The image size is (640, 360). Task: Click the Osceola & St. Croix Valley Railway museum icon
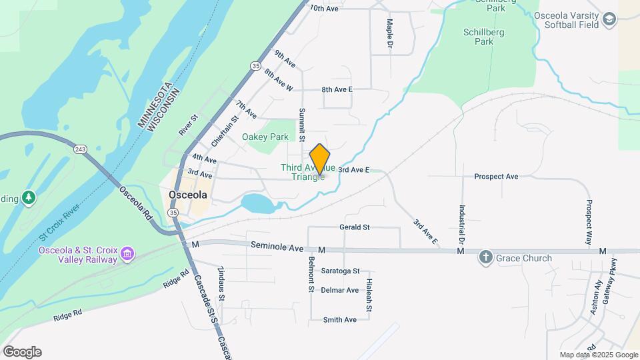127,254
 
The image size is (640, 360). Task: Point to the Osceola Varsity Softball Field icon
609,20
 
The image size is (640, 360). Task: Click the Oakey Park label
265,137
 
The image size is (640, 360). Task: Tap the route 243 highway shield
81,149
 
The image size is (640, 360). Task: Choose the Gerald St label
355,227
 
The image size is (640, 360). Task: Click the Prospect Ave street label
496,177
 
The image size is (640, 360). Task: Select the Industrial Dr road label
461,224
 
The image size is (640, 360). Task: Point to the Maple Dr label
390,33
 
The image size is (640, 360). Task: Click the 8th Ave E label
337,89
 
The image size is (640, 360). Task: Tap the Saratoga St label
340,271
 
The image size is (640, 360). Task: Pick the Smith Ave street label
340,320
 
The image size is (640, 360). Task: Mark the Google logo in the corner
22,351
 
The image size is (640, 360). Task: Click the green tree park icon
28,197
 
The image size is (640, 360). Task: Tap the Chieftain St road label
225,131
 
